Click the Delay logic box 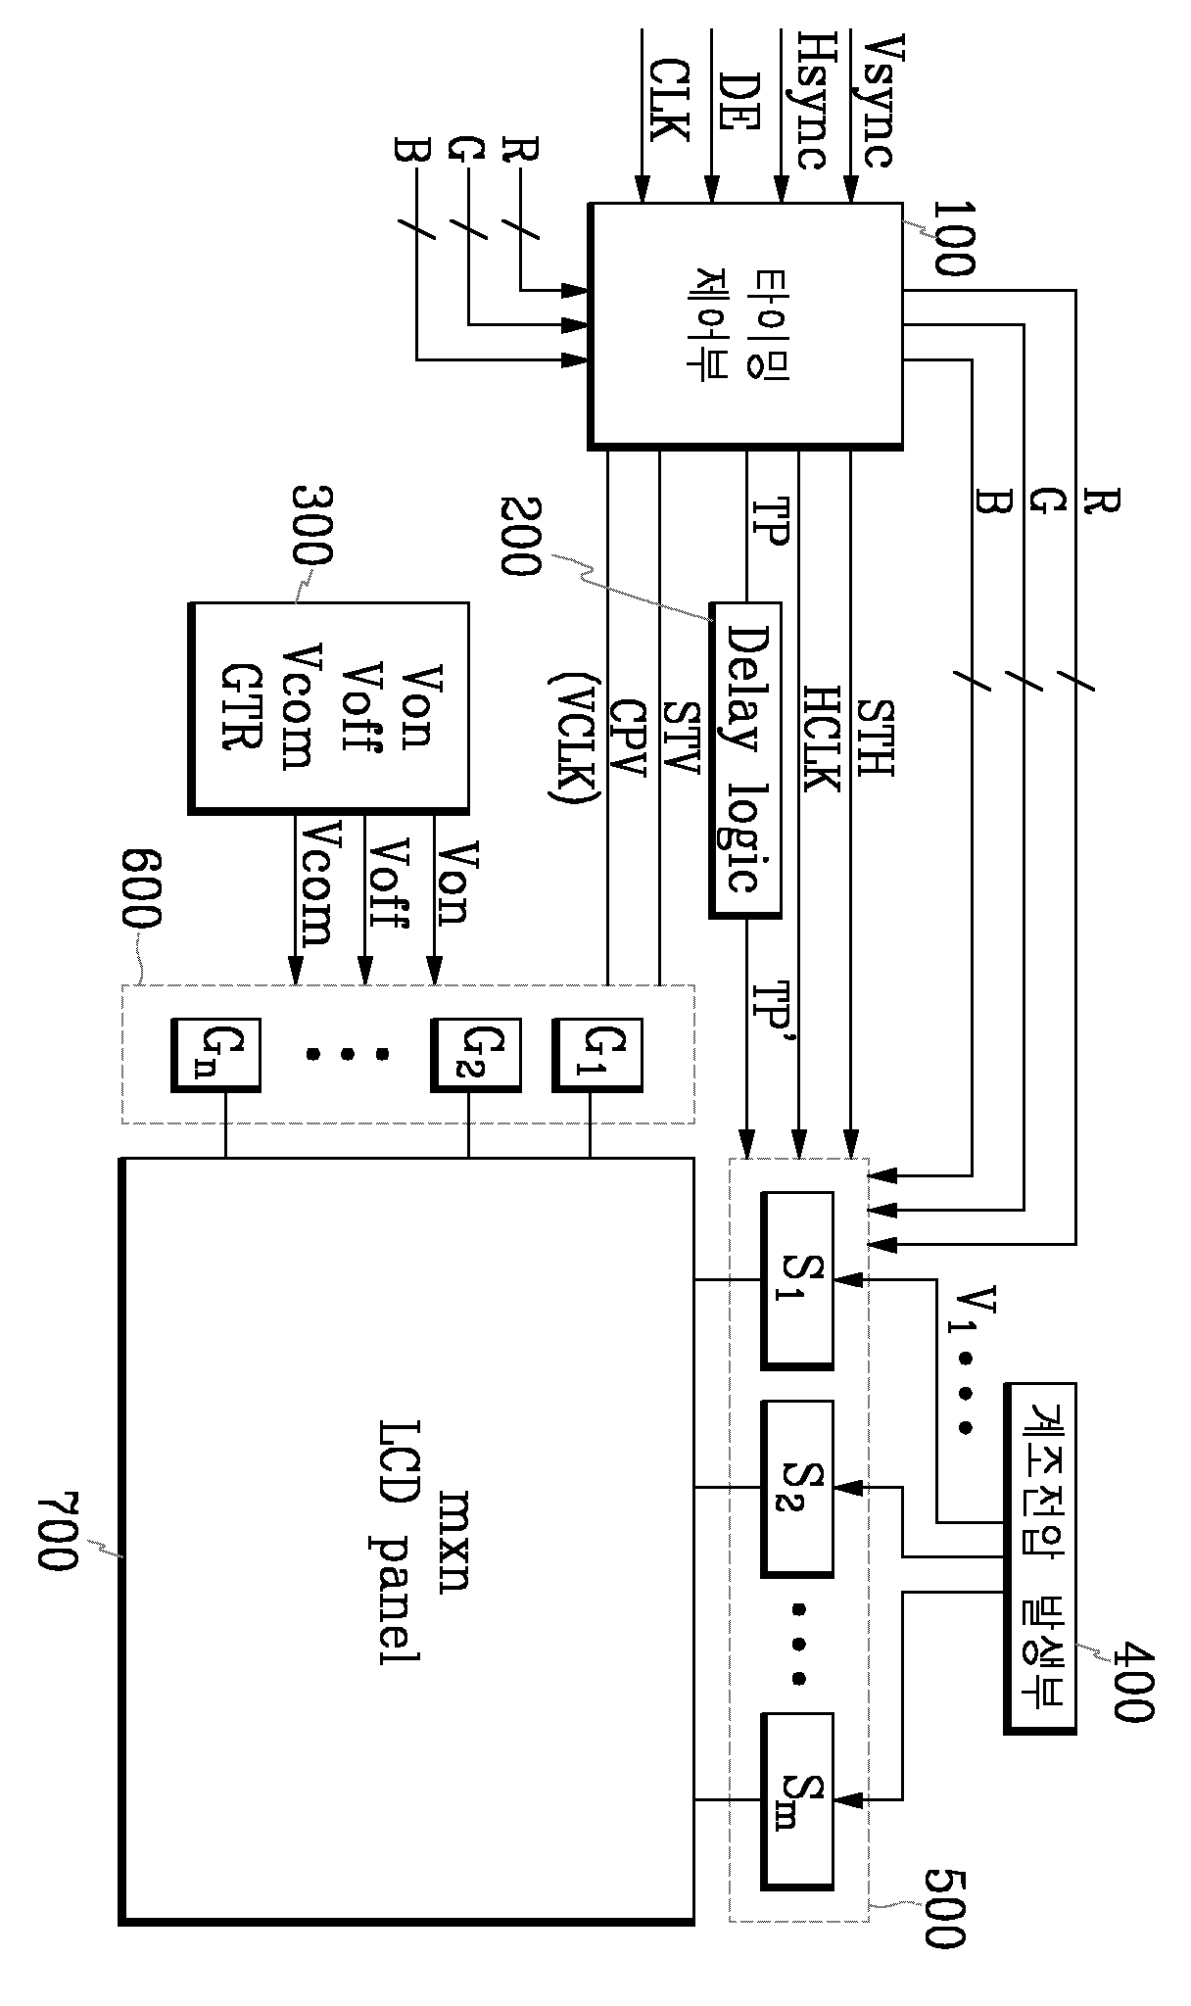745,759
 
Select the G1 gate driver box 597,1054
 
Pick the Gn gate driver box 214,1054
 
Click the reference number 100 952,238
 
